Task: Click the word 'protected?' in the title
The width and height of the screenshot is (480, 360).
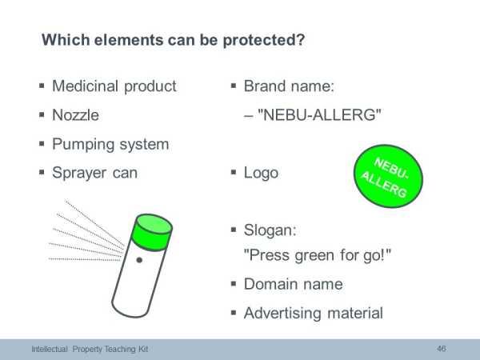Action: [x=263, y=41]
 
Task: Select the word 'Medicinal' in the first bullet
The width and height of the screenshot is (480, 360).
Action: [x=85, y=86]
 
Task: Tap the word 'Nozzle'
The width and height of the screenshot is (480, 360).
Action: [x=76, y=115]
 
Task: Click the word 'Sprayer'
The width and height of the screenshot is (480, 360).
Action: [x=79, y=174]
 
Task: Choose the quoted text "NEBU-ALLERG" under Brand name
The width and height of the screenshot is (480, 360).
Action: [x=319, y=114]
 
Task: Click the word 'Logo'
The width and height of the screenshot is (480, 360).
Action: [x=261, y=174]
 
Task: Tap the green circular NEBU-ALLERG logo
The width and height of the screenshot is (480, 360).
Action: [x=388, y=176]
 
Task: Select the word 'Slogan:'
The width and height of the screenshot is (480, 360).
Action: [x=270, y=230]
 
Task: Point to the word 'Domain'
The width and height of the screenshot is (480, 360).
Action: [x=269, y=284]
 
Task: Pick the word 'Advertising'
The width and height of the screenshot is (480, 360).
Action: [x=282, y=314]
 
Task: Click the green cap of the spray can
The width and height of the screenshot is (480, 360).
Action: [x=151, y=232]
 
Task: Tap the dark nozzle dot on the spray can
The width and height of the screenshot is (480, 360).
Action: [x=139, y=260]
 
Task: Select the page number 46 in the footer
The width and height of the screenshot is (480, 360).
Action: [x=441, y=349]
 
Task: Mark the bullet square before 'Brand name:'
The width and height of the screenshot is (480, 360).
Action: [x=234, y=86]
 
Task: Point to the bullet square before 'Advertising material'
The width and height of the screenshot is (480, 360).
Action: [x=234, y=313]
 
